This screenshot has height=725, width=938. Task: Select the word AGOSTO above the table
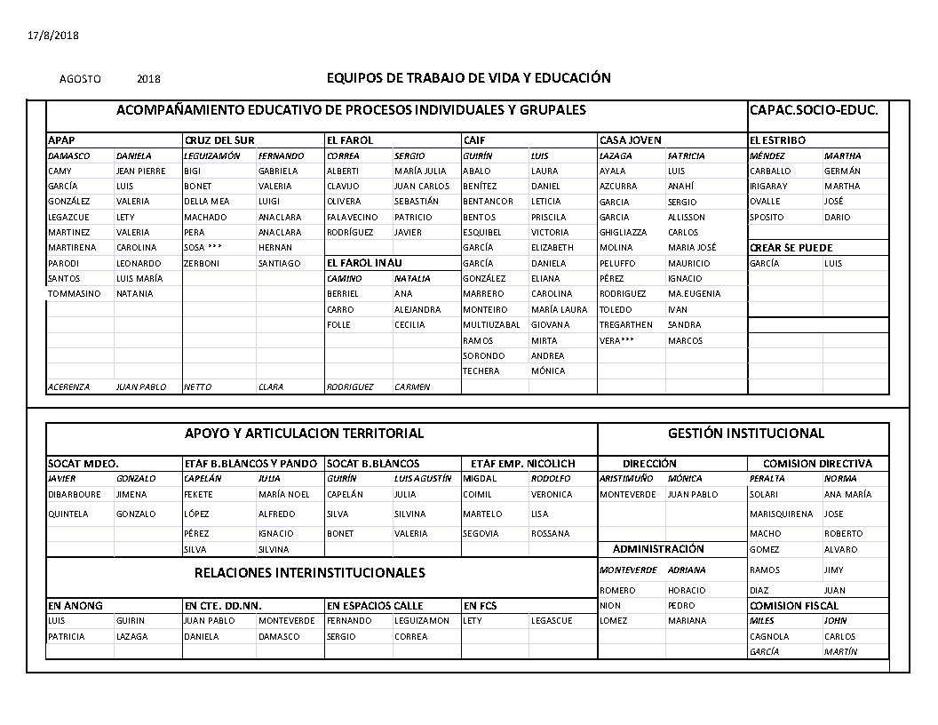(x=80, y=79)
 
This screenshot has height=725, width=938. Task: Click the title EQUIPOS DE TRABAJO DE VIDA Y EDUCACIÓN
(x=469, y=78)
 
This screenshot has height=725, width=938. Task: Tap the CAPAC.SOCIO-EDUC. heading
(x=814, y=110)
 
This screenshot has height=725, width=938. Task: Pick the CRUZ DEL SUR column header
(x=219, y=140)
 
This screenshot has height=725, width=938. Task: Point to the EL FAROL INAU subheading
(x=364, y=263)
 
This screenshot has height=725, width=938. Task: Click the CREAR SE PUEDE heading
(x=791, y=248)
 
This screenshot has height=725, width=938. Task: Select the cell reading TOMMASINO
(x=74, y=294)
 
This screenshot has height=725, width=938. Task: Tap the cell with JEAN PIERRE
(x=140, y=171)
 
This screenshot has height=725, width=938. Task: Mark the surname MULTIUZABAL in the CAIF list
(x=491, y=325)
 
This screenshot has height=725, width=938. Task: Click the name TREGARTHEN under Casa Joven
(x=626, y=325)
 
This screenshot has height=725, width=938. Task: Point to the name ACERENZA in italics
(x=71, y=387)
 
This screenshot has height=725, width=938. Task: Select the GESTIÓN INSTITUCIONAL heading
(x=745, y=434)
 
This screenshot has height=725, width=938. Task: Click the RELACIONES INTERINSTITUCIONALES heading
(x=309, y=573)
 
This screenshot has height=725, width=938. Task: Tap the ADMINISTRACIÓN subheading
(x=658, y=549)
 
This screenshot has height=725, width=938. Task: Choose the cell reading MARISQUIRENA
(x=781, y=514)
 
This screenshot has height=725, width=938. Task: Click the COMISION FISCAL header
(x=794, y=606)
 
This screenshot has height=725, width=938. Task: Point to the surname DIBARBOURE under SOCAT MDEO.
(x=75, y=495)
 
